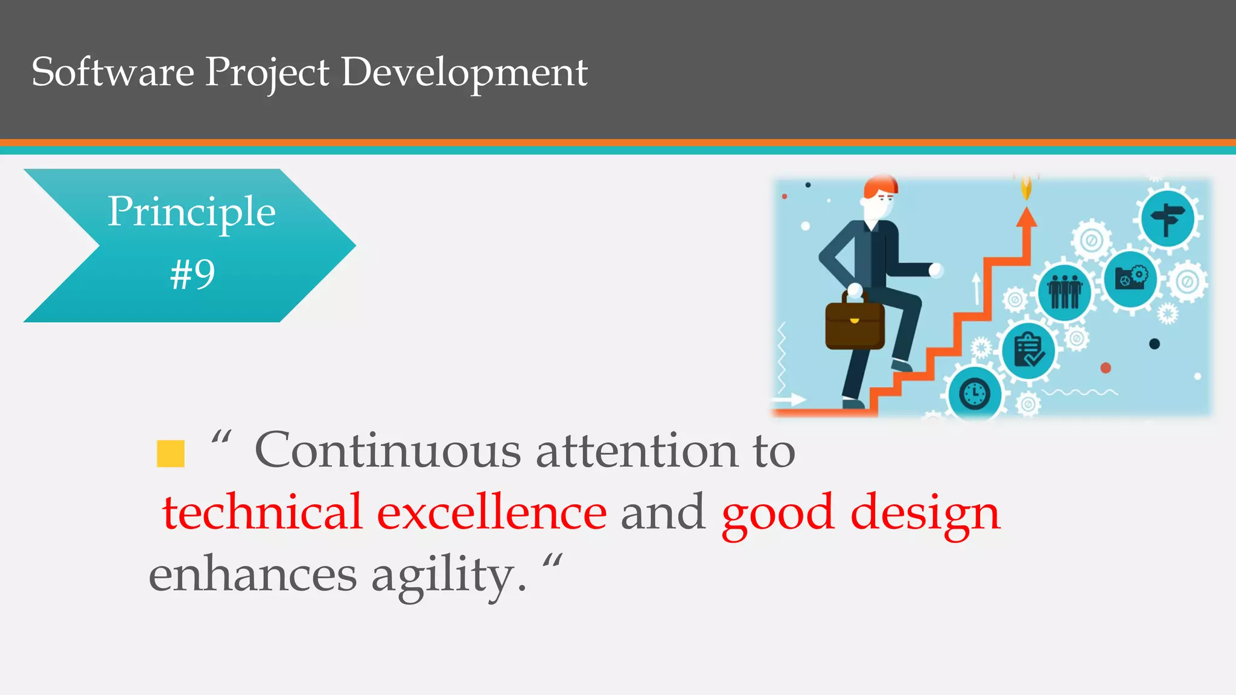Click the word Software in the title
113,72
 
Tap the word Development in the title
464,72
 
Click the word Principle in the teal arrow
191,212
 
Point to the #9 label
193,275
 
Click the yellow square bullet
170,454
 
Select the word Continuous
387,451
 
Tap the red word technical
262,512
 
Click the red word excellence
491,512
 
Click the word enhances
252,575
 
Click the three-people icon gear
1064,292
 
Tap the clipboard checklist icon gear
1028,351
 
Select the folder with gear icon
1130,278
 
